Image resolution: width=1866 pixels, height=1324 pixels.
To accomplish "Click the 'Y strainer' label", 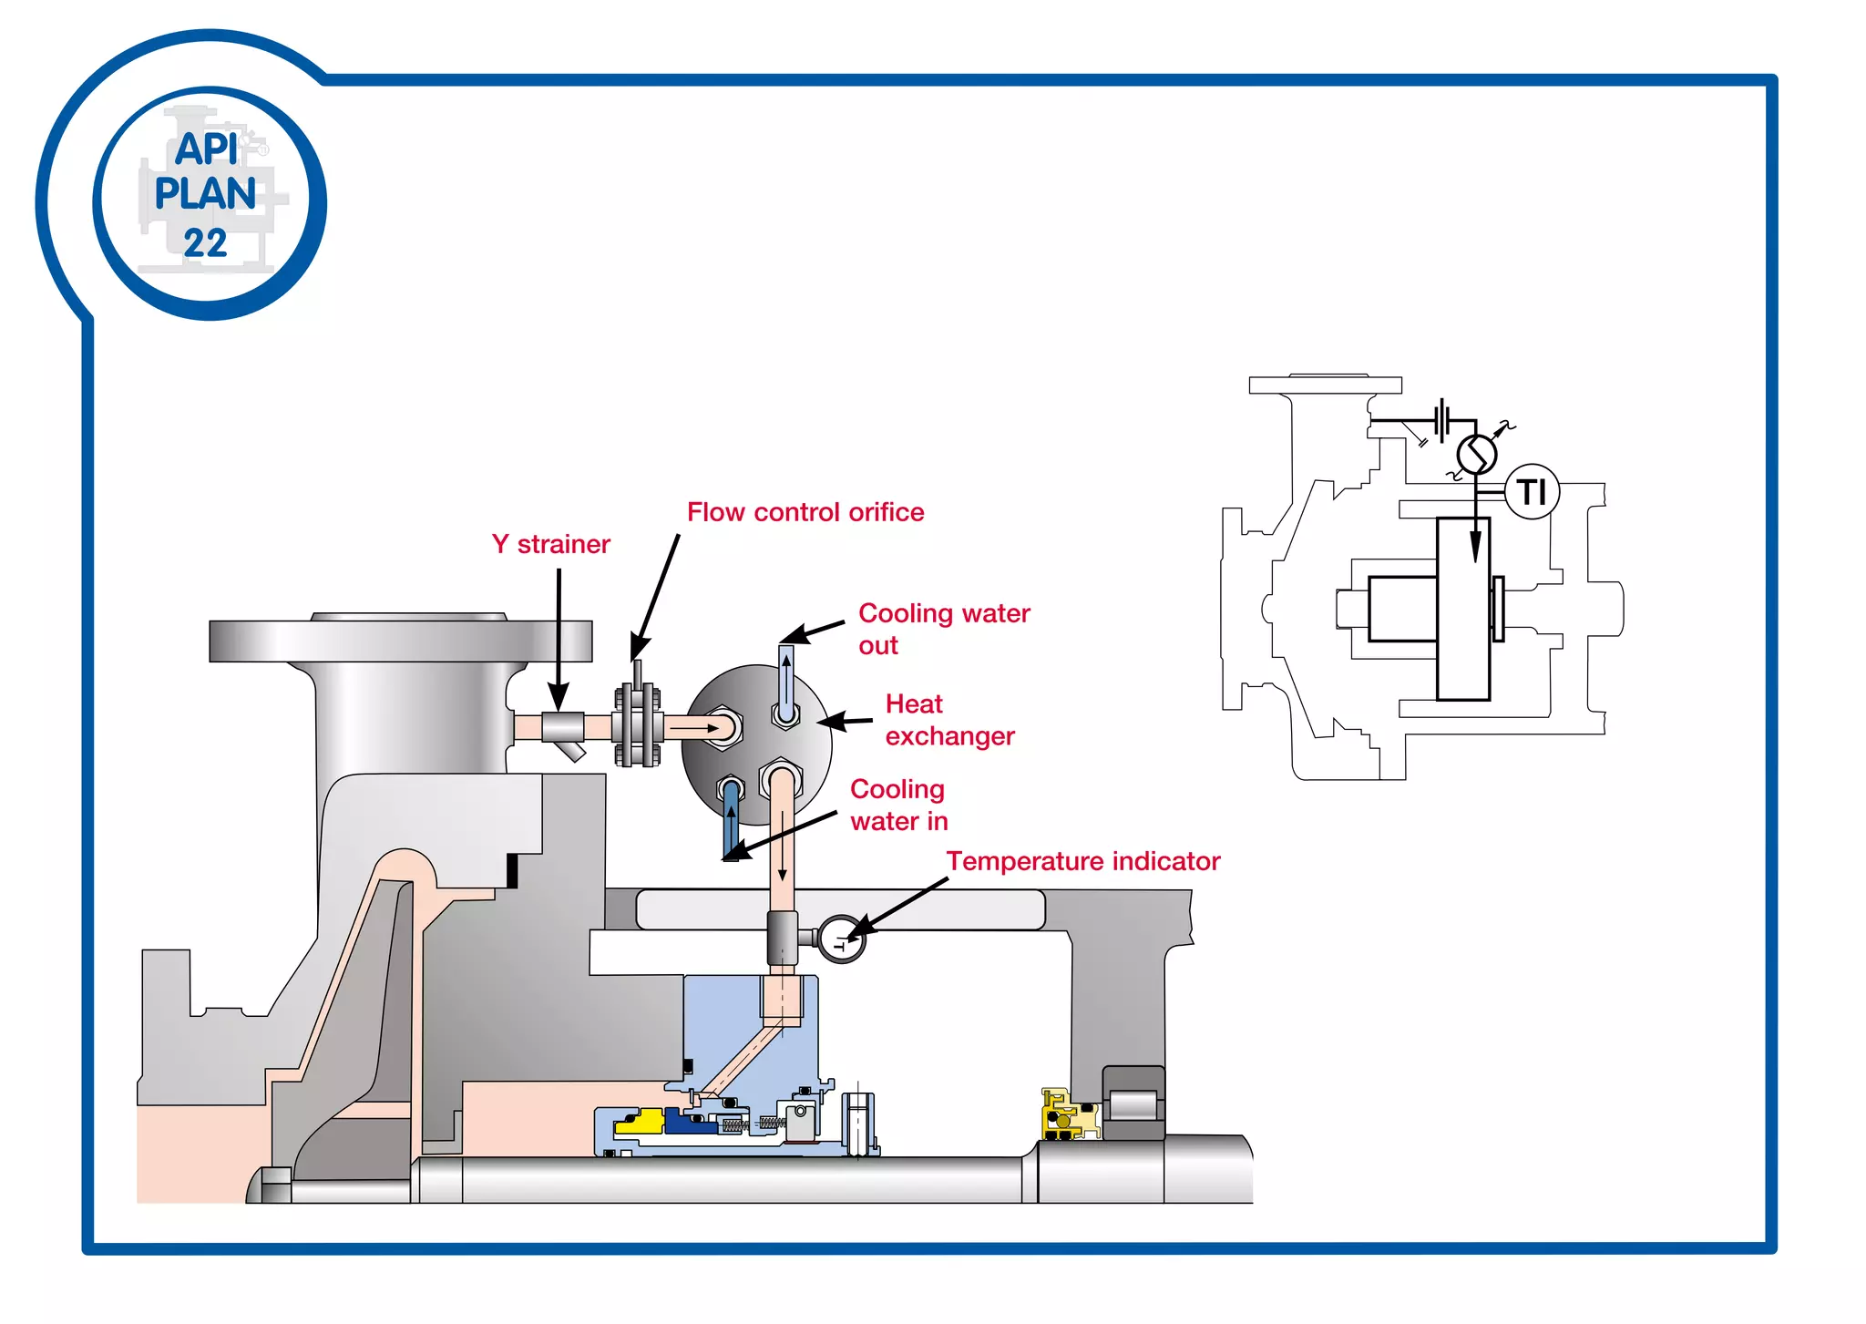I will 550,544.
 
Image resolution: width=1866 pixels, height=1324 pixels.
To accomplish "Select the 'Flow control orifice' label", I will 805,512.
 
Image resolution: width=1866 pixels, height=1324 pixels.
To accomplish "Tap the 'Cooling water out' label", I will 943,629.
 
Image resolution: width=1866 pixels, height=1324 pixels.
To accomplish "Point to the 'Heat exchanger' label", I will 948,720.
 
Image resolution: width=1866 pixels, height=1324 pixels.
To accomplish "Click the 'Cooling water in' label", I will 898,805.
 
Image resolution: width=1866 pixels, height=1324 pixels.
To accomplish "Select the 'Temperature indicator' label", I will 1082,861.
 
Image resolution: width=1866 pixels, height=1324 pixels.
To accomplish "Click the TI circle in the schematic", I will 1532,492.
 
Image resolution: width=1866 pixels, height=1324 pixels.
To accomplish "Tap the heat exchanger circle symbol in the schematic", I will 1476,454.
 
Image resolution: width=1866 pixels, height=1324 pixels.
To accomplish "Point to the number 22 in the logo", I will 205,243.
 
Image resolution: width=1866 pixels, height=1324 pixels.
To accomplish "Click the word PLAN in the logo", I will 205,194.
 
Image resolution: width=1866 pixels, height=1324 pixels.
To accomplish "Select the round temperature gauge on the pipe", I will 841,939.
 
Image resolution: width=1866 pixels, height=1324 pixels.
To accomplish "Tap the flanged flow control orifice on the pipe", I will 638,726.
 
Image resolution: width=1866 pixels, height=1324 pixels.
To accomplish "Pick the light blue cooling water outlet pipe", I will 785,679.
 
